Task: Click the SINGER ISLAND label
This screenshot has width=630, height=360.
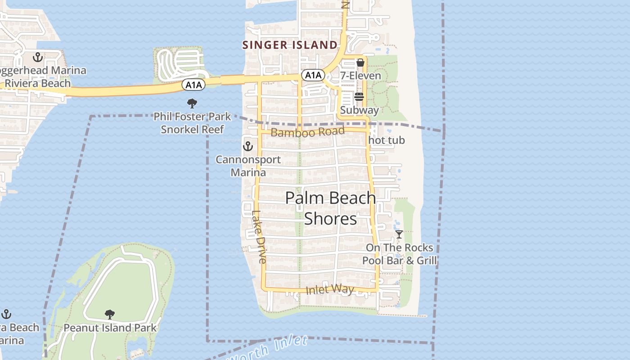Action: coord(290,45)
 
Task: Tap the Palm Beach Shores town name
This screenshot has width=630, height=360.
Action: coord(331,208)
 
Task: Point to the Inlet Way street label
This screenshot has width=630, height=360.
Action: coord(330,289)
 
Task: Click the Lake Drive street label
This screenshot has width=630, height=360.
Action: coord(259,237)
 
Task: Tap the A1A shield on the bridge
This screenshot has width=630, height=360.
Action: coord(193,85)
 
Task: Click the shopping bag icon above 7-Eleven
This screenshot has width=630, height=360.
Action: coord(360,63)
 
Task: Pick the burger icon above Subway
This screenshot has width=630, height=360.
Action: coord(359,97)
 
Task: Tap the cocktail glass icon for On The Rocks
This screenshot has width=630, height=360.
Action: coord(399,234)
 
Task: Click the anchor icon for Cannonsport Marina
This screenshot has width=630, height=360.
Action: coord(248,146)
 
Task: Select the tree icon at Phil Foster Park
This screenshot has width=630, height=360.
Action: coord(192,103)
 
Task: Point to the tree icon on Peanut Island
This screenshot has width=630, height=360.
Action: coord(109,314)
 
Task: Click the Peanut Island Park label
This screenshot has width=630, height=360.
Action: coord(110,328)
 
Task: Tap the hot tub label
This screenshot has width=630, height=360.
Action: coord(387,140)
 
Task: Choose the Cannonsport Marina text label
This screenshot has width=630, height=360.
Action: coord(248,166)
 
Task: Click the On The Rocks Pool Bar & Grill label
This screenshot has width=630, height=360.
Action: coord(400,254)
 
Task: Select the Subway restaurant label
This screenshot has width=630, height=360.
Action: coord(359,110)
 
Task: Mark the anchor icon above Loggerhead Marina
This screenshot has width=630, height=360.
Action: coord(38,57)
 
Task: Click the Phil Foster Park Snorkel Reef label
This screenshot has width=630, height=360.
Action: coord(192,123)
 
